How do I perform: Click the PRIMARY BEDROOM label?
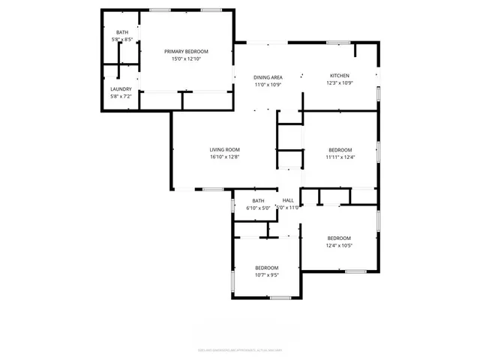click(x=186, y=51)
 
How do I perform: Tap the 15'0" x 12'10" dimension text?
click(x=186, y=59)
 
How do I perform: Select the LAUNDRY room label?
click(x=121, y=89)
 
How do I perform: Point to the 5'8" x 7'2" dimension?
click(x=121, y=97)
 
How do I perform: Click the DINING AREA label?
click(x=268, y=77)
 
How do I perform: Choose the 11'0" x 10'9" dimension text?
click(x=268, y=85)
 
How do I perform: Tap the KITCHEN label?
click(x=340, y=76)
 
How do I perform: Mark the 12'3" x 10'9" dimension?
click(x=340, y=84)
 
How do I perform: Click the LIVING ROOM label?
click(x=224, y=150)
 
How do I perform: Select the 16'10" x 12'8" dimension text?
click(x=224, y=157)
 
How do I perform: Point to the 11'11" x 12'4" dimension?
click(x=340, y=157)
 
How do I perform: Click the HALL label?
click(x=288, y=200)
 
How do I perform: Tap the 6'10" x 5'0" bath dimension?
click(x=258, y=208)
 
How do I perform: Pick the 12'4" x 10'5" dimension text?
click(x=339, y=245)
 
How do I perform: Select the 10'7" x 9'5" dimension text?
click(x=266, y=275)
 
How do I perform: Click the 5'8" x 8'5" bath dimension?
click(x=121, y=38)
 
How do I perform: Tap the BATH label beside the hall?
click(x=258, y=200)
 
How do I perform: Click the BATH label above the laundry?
click(x=121, y=31)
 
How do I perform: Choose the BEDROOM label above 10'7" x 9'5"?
click(x=266, y=268)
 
